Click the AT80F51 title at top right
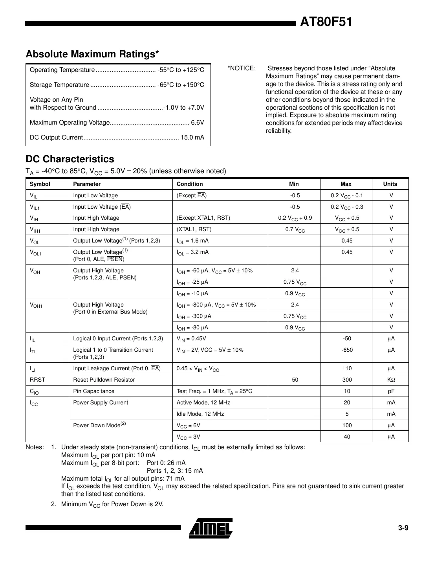[326, 22]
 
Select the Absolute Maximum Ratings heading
[92, 54]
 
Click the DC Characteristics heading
[70, 159]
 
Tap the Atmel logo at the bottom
[211, 528]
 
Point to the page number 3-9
[403, 528]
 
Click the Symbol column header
[40, 184]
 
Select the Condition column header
[190, 184]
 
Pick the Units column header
[390, 184]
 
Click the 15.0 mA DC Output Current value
[192, 138]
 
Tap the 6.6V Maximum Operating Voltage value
[198, 123]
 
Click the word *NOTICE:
[242, 68]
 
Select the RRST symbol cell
[38, 380]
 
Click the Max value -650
[347, 350]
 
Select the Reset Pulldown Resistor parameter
[104, 380]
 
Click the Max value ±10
[347, 368]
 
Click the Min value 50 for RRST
[295, 380]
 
